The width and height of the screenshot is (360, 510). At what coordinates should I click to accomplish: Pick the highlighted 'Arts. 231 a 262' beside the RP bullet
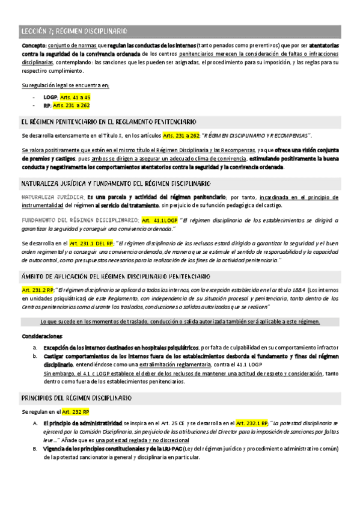click(72, 105)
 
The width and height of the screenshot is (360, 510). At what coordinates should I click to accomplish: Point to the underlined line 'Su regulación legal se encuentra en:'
click(65, 85)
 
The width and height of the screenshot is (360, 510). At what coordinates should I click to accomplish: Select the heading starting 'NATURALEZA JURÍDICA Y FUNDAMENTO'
click(115, 183)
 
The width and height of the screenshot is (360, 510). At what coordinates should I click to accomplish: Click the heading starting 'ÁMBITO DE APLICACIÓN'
click(115, 276)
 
